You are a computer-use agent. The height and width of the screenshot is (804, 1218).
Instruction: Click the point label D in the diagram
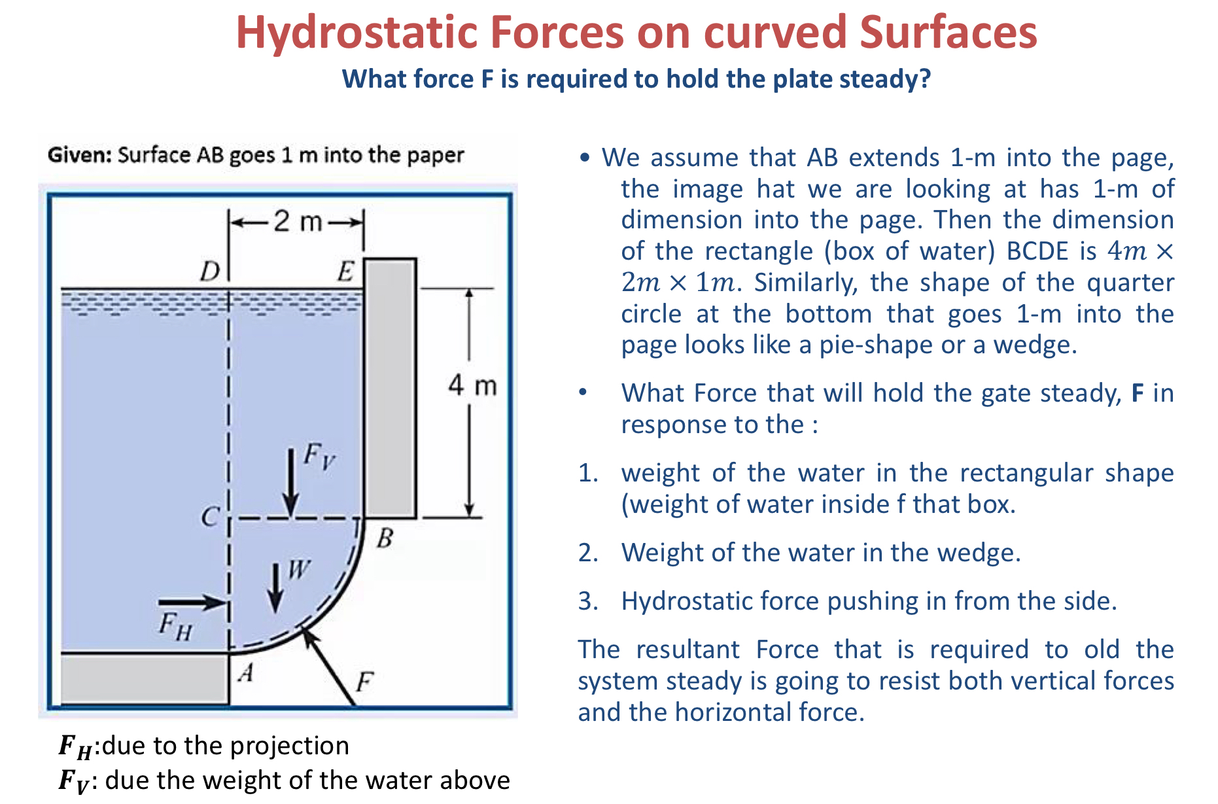210,271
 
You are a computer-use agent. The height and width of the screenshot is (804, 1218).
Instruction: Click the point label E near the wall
345,271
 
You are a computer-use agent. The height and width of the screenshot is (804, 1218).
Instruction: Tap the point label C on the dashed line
209,517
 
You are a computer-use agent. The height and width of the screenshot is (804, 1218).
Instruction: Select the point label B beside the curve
385,538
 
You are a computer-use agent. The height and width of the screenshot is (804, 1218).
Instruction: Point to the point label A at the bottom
246,672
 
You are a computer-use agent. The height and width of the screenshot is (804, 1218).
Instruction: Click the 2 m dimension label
298,222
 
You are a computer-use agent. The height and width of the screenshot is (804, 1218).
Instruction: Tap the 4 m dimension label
472,385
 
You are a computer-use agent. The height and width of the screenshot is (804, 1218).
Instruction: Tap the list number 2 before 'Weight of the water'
587,553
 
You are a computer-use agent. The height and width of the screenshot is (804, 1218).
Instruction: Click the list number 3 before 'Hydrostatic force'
587,601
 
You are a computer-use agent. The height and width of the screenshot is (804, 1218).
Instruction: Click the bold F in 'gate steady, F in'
1138,393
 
